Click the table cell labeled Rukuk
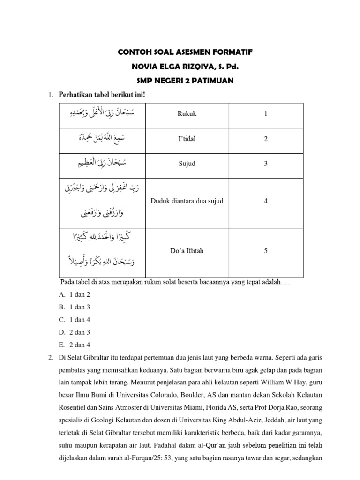(187, 114)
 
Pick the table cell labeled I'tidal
(187, 139)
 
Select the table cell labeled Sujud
(187, 164)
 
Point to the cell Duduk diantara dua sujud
(187, 201)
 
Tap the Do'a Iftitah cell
(187, 251)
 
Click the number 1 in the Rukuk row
(266, 114)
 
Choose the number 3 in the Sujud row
(266, 164)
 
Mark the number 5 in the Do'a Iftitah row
(266, 251)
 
